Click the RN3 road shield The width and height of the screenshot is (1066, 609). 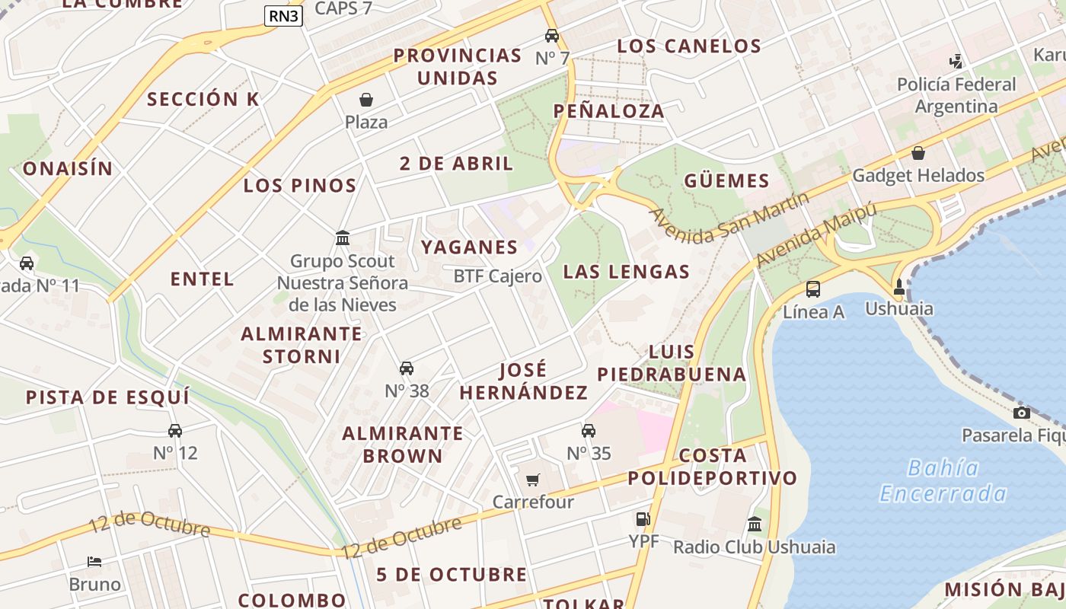[283, 16]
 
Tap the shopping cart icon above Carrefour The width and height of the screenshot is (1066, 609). [533, 480]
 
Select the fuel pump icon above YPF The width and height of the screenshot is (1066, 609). [643, 519]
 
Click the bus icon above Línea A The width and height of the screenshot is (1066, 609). [813, 289]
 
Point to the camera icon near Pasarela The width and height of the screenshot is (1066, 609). [1022, 413]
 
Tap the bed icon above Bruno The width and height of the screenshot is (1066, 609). [94, 562]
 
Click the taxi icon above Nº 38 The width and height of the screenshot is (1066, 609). [407, 368]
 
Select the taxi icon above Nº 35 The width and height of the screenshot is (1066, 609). [589, 431]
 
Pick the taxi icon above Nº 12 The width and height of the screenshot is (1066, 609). [175, 431]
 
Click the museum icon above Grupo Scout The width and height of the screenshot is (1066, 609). [343, 238]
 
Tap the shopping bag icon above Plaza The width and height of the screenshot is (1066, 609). [366, 100]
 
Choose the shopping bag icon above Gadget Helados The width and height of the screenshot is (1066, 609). [918, 153]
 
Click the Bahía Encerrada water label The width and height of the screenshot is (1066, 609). [943, 480]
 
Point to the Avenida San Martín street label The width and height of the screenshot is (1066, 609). [729, 218]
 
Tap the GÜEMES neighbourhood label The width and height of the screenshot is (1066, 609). [726, 181]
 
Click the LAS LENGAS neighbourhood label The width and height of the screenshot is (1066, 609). [627, 272]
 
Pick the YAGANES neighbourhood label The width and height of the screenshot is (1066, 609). [469, 247]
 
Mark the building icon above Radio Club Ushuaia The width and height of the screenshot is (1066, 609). [755, 524]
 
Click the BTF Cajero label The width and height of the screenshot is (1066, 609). [498, 276]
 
